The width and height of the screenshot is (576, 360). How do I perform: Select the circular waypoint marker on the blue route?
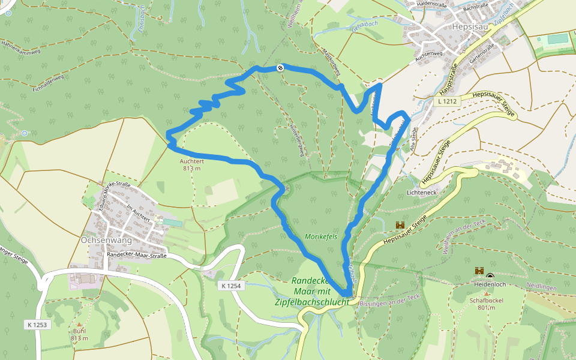[280, 68]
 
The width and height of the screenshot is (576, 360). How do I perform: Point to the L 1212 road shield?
[448, 102]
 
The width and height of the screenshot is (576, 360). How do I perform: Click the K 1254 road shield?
[230, 286]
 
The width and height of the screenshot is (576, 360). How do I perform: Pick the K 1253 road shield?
[37, 325]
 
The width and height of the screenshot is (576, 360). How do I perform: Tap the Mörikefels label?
[321, 236]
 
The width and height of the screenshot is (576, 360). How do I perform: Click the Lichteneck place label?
[424, 193]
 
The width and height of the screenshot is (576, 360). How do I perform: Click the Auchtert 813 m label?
[193, 164]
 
